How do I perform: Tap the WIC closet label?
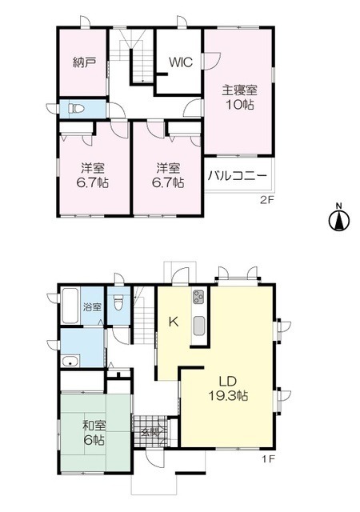tap(178, 62)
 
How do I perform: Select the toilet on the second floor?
tap(77, 108)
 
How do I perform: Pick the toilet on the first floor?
tap(118, 303)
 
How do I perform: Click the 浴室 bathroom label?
tap(92, 306)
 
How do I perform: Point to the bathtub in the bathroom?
tap(70, 304)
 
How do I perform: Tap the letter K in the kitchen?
tap(172, 322)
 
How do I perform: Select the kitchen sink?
tap(198, 326)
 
